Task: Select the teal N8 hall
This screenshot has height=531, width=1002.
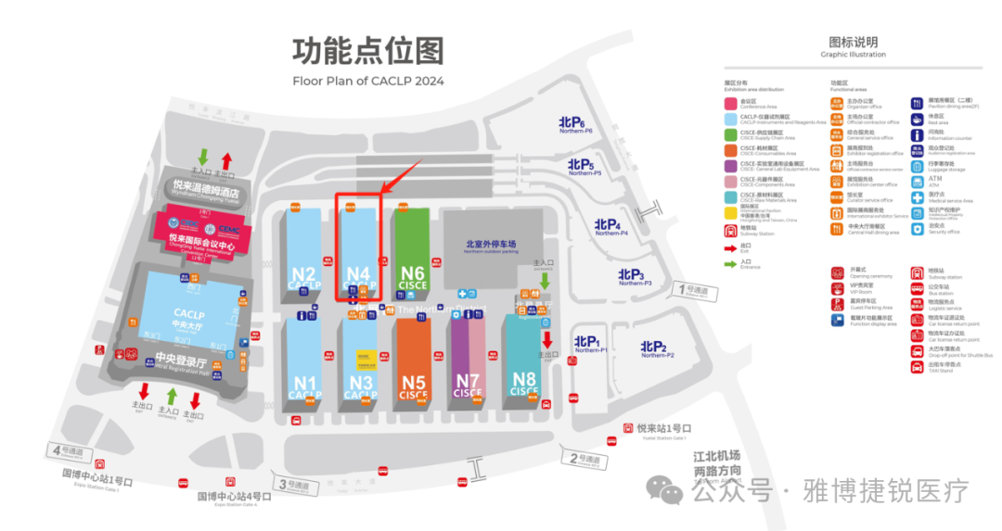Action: click(524, 361)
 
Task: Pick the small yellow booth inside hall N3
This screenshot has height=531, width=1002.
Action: click(361, 356)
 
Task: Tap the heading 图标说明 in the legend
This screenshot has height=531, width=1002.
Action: click(853, 42)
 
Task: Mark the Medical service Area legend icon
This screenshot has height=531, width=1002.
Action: click(917, 196)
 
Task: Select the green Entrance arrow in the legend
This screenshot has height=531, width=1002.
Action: click(731, 262)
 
